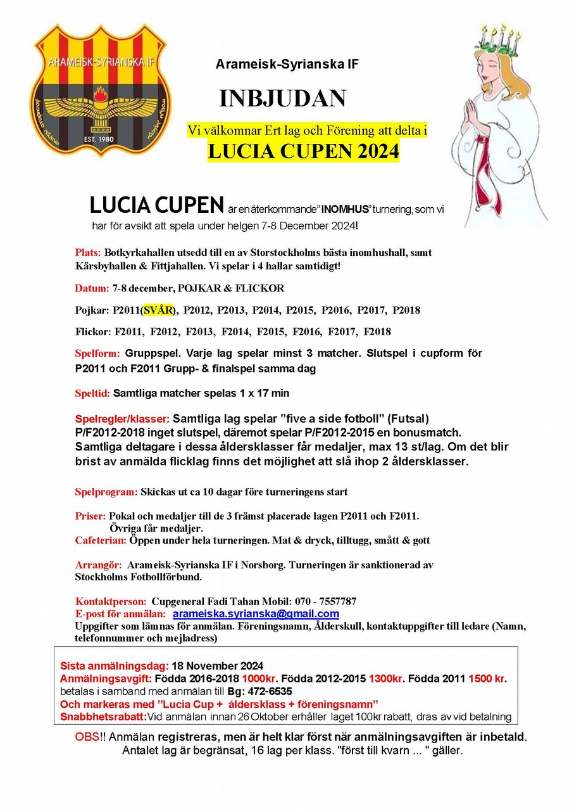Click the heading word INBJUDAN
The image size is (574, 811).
(282, 99)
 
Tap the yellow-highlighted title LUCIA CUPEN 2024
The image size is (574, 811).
(304, 151)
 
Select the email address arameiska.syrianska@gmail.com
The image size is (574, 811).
(256, 614)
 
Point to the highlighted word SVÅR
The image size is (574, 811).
(158, 310)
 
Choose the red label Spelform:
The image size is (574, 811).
(97, 354)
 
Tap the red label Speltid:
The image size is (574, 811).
(93, 393)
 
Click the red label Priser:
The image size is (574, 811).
(90, 516)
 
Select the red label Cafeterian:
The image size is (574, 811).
(101, 540)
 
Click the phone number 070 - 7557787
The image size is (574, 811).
(325, 601)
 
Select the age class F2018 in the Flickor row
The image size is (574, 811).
(378, 332)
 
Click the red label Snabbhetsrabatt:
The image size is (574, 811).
(103, 717)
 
